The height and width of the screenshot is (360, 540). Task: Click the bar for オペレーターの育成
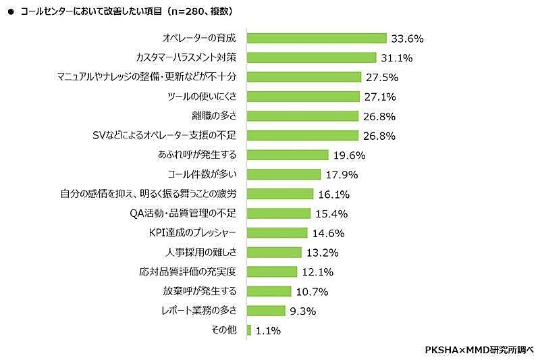click(x=317, y=38)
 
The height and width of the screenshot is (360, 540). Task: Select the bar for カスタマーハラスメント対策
click(x=311, y=58)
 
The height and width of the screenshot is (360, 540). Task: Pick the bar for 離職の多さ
click(x=303, y=116)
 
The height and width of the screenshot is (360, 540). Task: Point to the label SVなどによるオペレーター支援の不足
click(x=167, y=136)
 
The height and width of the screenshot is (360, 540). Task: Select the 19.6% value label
click(x=350, y=155)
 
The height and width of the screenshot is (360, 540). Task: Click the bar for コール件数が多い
click(x=283, y=174)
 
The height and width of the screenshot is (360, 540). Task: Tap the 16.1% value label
click(x=333, y=194)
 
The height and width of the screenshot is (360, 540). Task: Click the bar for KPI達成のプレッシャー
click(x=277, y=233)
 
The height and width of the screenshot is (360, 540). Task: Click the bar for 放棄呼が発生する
click(x=269, y=291)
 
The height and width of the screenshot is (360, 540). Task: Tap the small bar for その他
click(x=249, y=330)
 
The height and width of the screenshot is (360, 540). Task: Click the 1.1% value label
click(x=268, y=331)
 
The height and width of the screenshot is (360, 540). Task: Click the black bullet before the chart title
click(x=10, y=11)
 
